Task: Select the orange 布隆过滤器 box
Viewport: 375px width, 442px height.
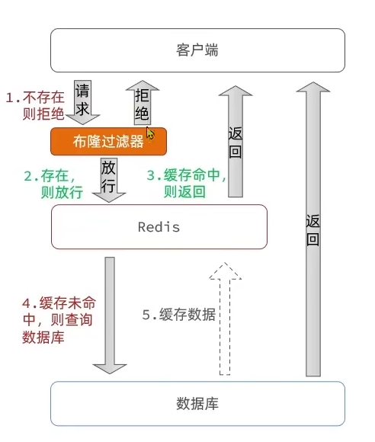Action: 108,142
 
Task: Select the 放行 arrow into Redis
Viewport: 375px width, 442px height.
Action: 109,179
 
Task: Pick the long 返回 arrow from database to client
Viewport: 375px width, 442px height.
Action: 312,229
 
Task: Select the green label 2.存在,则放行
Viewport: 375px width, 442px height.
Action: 53,184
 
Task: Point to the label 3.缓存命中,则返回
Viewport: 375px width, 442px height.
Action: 186,184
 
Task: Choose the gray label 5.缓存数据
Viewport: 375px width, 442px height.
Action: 179,314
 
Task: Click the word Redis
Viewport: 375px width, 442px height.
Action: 159,226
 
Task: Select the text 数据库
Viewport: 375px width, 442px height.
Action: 197,403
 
